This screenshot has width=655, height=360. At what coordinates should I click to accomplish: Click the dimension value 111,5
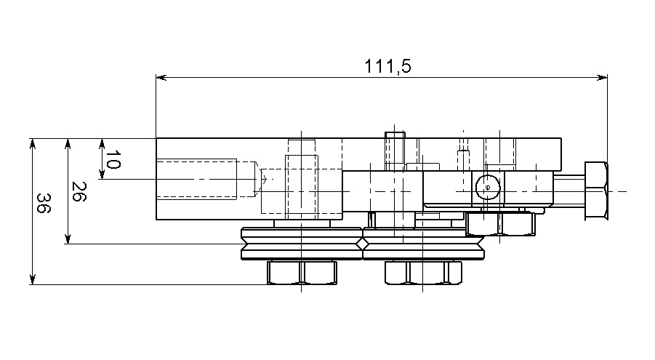(x=387, y=66)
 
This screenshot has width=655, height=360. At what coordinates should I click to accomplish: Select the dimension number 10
(x=113, y=159)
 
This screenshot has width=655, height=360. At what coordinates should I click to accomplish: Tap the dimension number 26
(x=79, y=191)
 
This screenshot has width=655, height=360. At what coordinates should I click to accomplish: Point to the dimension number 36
(x=43, y=203)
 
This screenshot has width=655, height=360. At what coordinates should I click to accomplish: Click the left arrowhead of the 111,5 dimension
(x=161, y=77)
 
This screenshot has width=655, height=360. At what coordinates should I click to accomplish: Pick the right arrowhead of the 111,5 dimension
(x=602, y=77)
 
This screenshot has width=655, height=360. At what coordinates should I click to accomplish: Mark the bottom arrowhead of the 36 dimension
(x=33, y=279)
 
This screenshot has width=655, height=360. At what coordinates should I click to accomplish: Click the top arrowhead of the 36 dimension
(x=33, y=143)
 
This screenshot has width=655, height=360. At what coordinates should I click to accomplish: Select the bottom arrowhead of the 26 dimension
(x=68, y=239)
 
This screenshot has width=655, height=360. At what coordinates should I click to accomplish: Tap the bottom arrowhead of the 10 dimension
(x=102, y=174)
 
